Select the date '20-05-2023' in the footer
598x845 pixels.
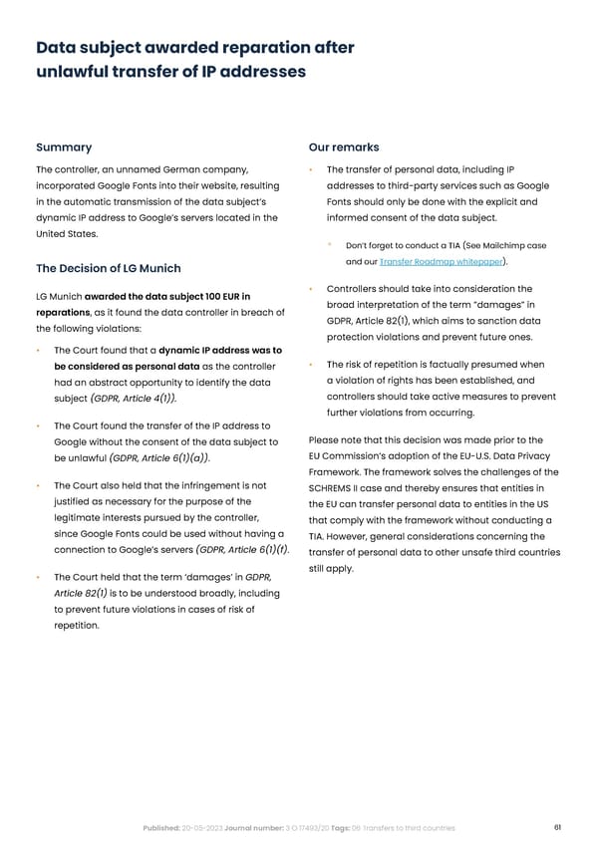pos(205,828)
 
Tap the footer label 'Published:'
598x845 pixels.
pos(160,828)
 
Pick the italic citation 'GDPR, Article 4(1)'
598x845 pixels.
pos(134,400)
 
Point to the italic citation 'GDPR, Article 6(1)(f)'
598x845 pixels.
pos(243,549)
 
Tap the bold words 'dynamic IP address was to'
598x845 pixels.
pos(218,350)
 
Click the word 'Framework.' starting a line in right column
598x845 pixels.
pos(339,471)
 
